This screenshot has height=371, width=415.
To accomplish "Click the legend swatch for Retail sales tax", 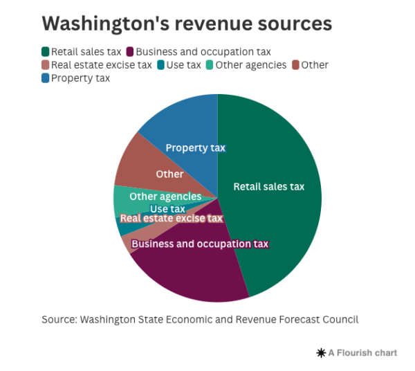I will tap(46, 52).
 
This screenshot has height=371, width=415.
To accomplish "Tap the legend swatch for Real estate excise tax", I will tap(46, 65).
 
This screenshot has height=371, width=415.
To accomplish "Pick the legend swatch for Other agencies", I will tap(209, 65).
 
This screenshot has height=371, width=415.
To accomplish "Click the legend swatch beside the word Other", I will tap(295, 65).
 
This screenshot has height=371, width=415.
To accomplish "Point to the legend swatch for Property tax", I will tap(46, 78).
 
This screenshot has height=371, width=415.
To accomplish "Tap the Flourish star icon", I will tap(321, 353).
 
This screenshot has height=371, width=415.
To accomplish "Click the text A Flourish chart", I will tap(362, 353).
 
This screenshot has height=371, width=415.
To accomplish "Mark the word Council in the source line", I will tap(340, 319).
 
